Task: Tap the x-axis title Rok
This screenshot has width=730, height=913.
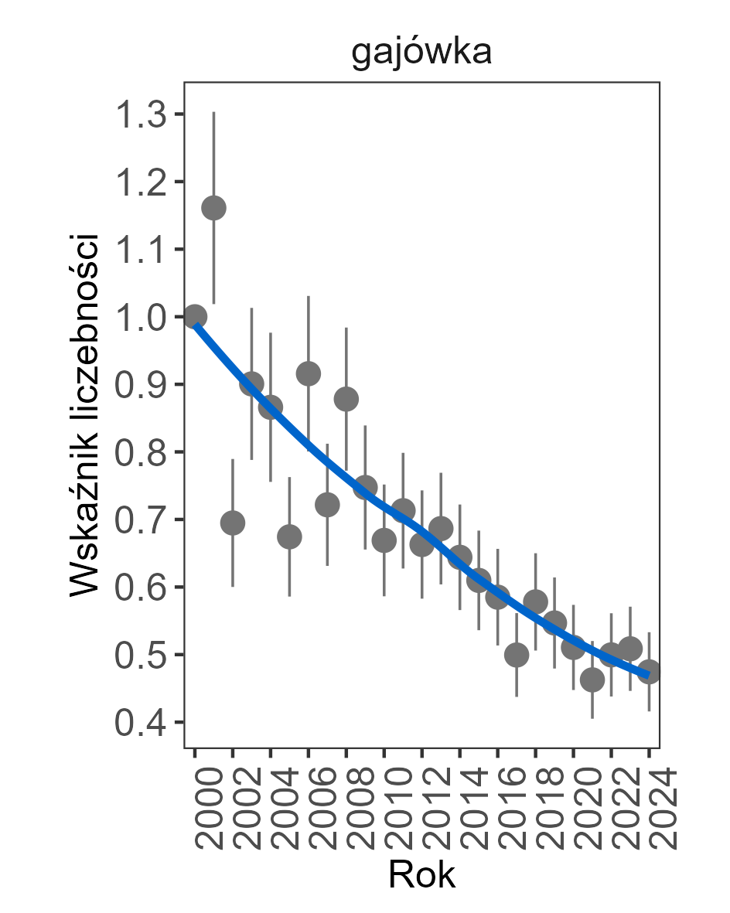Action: pyautogui.click(x=421, y=875)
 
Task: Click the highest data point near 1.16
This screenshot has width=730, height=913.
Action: pyautogui.click(x=213, y=208)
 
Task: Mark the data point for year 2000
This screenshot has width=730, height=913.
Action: pyautogui.click(x=195, y=316)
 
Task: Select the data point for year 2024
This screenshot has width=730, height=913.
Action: pyautogui.click(x=649, y=671)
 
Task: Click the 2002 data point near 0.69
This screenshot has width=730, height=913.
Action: pyautogui.click(x=233, y=523)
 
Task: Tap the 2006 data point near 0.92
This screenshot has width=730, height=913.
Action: pyautogui.click(x=309, y=374)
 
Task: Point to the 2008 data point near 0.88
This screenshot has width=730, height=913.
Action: pyautogui.click(x=346, y=399)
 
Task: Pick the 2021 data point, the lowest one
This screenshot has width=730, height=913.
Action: pyautogui.click(x=592, y=680)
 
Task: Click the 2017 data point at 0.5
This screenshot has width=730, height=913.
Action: pyautogui.click(x=517, y=656)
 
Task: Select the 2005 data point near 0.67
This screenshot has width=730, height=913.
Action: pyautogui.click(x=289, y=537)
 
